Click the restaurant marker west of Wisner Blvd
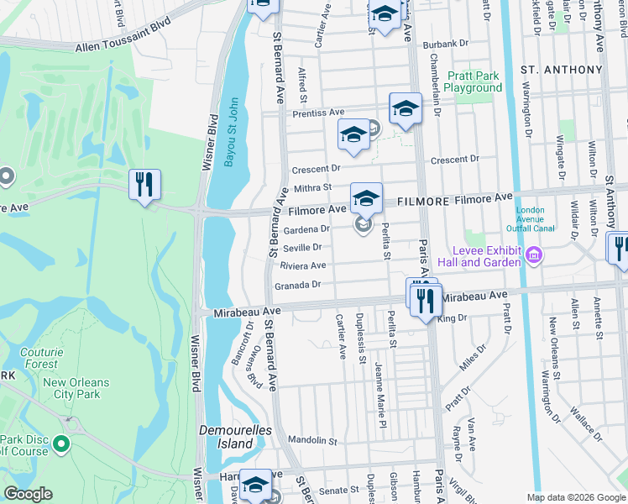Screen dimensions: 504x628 coord(144,185)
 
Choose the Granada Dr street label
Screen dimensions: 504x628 coord(298,286)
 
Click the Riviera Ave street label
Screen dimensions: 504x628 coord(302,266)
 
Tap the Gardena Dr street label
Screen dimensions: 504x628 coord(304,228)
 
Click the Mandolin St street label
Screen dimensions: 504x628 coord(311,440)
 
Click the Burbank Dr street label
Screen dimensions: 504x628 coord(445,44)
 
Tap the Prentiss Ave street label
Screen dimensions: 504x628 coord(318,112)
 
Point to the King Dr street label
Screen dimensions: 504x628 coord(452,318)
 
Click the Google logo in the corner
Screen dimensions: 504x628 coord(28,494)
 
